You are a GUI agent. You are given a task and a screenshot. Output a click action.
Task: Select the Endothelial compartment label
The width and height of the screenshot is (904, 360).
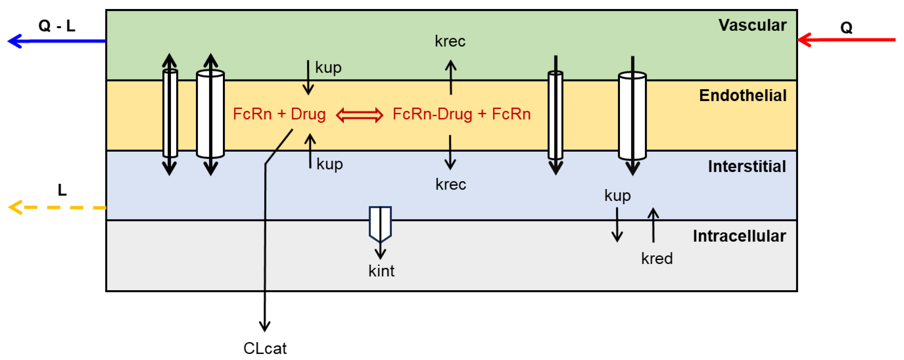click(743, 96)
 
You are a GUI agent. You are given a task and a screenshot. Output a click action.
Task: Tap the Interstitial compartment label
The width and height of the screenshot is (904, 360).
click(747, 166)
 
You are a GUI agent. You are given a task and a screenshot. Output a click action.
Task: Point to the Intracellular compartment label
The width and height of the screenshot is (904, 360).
click(739, 236)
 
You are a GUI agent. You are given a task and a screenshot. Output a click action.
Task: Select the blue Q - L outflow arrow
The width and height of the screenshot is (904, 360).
click(56, 41)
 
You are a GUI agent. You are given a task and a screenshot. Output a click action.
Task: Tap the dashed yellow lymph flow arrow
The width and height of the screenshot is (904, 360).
click(56, 207)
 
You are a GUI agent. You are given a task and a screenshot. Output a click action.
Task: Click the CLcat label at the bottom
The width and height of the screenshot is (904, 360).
click(265, 348)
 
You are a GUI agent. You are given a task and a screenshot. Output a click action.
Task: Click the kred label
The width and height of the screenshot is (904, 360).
click(656, 259)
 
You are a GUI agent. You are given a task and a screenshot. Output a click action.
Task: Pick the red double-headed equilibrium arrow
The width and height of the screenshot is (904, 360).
click(359, 115)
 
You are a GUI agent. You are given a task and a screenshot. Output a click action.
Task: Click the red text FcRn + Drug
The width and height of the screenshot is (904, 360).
click(279, 114)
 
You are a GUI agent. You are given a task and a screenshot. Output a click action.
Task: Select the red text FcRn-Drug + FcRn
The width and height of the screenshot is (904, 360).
click(461, 114)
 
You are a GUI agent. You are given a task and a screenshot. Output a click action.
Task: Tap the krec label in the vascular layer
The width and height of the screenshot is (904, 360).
click(450, 41)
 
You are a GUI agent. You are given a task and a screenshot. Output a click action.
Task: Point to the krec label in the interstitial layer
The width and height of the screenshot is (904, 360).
click(451, 184)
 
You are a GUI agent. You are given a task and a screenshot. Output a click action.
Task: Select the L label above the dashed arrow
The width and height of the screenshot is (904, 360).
click(62, 190)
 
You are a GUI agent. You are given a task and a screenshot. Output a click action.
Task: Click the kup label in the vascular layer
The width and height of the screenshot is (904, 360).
click(328, 67)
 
